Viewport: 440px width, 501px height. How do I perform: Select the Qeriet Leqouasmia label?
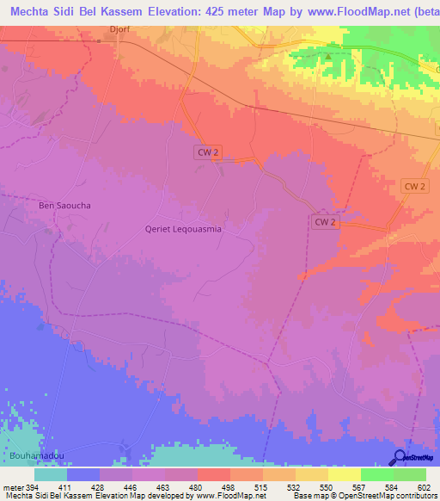tap(184, 230)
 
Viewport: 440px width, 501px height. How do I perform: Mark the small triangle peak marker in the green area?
tap(327, 57)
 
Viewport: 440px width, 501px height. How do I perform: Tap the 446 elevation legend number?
tap(123, 487)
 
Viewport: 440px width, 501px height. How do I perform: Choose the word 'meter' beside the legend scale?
tap(13, 487)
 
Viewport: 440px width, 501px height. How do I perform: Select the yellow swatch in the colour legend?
tap(345, 474)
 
